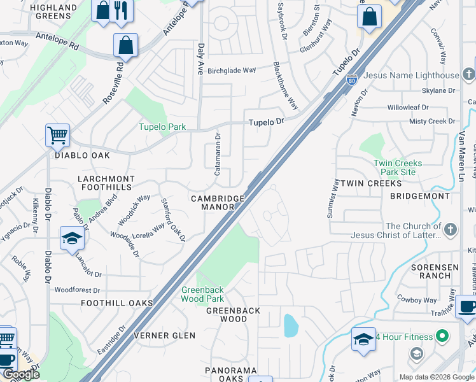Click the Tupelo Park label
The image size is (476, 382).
163,127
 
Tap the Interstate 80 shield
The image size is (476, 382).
351,81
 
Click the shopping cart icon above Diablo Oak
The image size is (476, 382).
57,135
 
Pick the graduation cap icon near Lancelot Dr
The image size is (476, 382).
72,239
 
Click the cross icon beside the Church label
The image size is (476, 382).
451,229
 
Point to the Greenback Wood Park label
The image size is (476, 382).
203,294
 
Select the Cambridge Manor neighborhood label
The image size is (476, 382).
218,202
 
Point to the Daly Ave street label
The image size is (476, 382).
200,57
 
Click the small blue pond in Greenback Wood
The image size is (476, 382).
291,326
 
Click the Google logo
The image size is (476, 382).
21,374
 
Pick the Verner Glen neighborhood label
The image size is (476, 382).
161,336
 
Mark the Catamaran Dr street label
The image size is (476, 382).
218,153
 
